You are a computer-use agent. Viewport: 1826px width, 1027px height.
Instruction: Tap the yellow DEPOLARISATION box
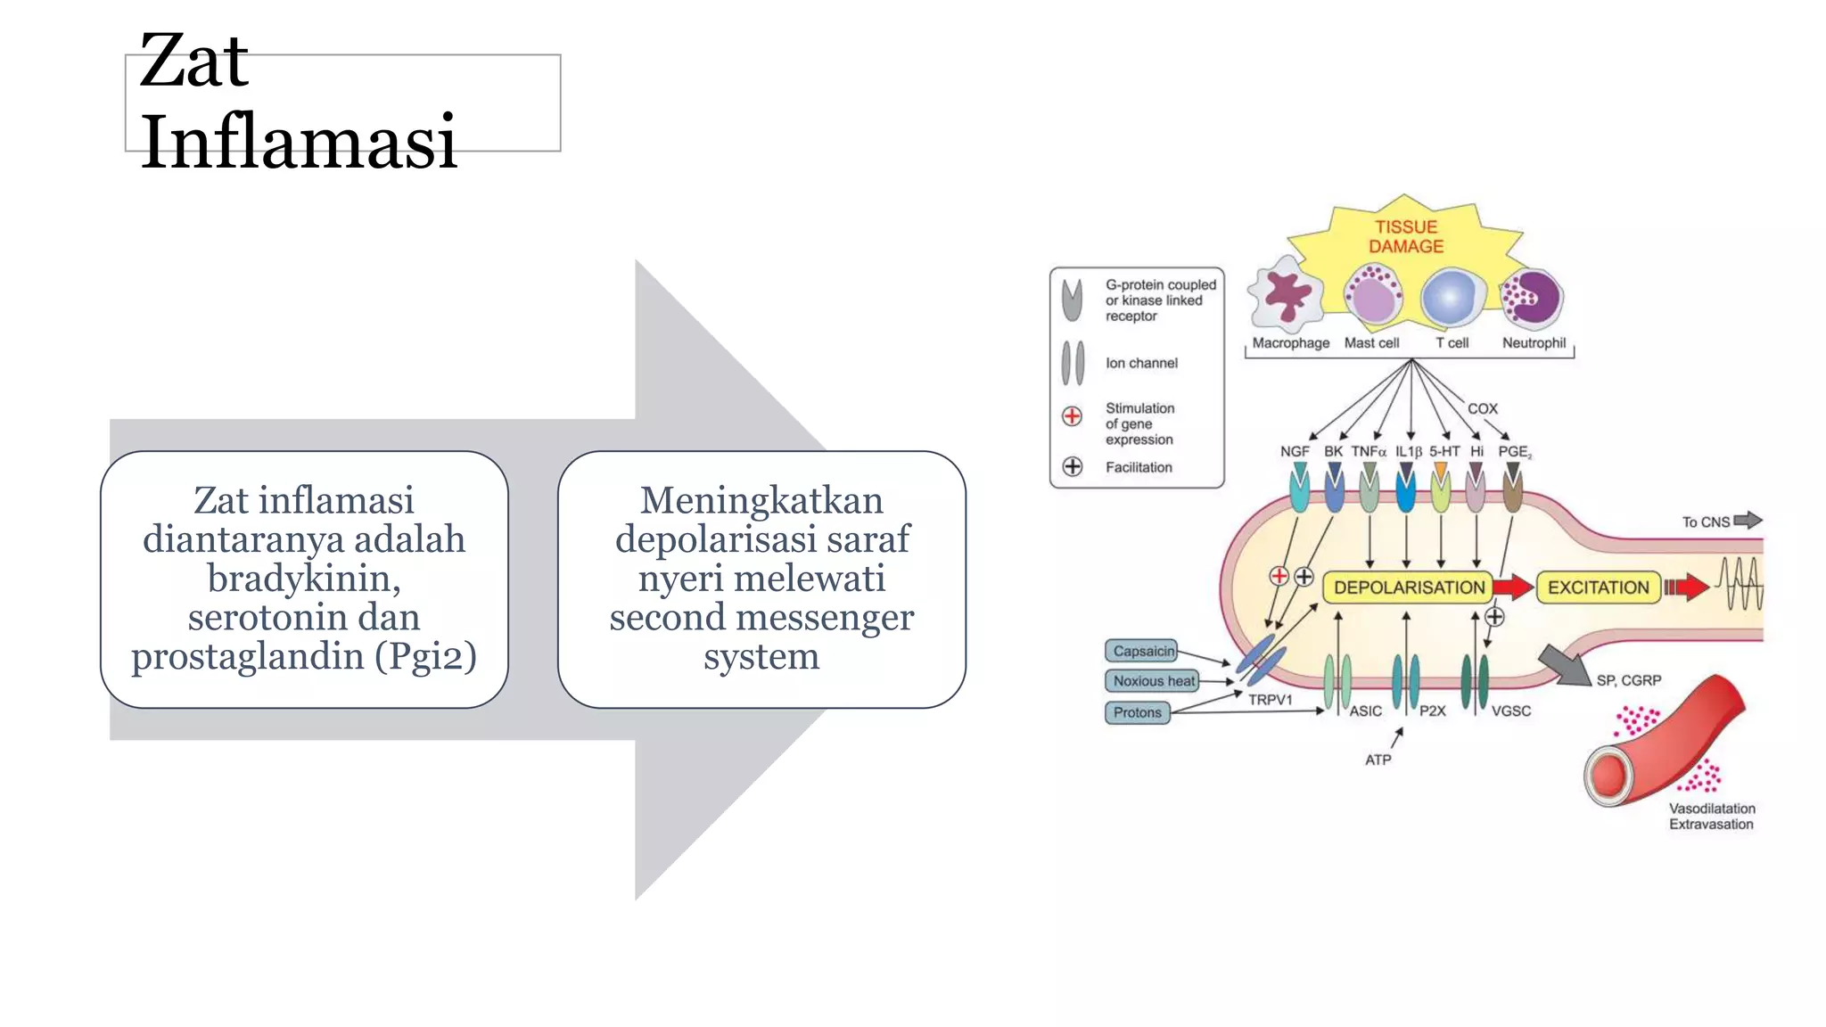[1409, 587]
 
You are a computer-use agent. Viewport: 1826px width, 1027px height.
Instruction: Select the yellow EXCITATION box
[1598, 587]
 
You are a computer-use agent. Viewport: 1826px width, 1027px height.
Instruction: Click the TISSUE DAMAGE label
[1406, 237]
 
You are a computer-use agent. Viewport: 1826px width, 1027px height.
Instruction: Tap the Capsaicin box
[1142, 651]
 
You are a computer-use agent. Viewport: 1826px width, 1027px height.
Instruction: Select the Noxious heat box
[1153, 681]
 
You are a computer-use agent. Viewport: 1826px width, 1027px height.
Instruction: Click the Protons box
[1137, 712]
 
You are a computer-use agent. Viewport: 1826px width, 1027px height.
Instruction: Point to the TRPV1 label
[1270, 700]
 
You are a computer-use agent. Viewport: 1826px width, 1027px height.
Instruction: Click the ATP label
[1378, 760]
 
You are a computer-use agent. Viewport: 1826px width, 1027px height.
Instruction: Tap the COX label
[1482, 408]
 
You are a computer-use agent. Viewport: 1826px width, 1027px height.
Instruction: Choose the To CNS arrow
[1748, 520]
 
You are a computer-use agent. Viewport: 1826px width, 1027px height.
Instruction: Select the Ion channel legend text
[1141, 363]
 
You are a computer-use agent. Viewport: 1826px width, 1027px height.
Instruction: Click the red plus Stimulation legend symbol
[1072, 416]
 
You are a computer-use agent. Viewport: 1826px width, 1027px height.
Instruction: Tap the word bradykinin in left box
[303, 578]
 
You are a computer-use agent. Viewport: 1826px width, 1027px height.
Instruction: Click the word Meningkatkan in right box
[761, 500]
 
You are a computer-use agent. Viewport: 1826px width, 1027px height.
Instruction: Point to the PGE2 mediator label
[1514, 451]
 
